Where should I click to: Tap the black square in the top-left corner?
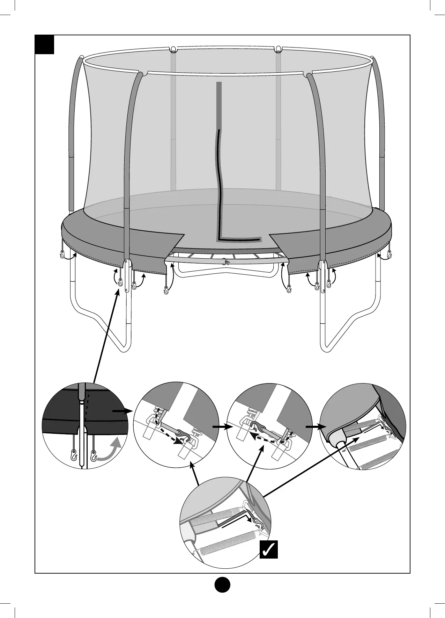pos(45,45)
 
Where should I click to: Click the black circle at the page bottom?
pos(222,584)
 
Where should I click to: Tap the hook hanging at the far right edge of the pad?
pos(390,254)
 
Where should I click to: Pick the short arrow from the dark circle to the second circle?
pos(122,412)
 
